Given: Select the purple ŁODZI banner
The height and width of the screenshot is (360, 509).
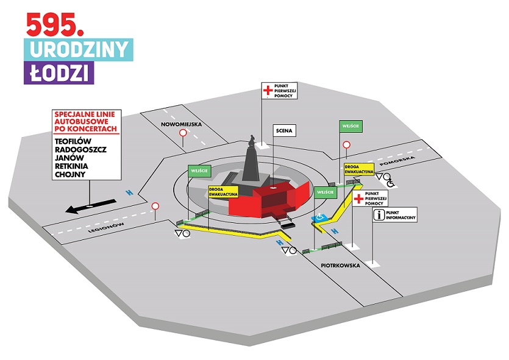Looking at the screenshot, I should pos(60,73).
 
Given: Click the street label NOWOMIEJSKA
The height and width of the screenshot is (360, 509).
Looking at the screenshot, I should pos(181,124).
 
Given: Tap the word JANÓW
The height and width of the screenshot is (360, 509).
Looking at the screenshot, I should pos(68,157).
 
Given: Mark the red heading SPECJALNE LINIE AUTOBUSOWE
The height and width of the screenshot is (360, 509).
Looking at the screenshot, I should pos(85,121).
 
